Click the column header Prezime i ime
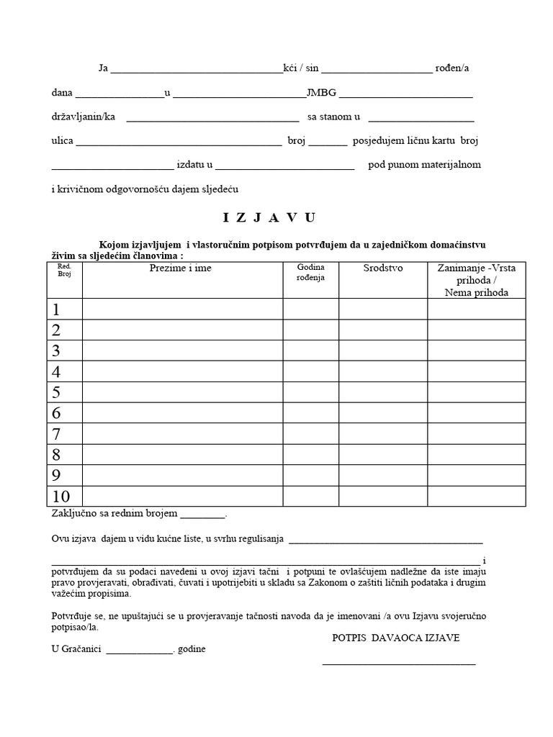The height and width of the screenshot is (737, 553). (181, 268)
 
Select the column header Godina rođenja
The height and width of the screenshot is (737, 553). (310, 272)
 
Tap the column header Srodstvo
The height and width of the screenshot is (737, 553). (383, 268)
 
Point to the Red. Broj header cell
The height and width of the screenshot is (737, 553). (65, 270)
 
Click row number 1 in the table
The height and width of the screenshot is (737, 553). (55, 309)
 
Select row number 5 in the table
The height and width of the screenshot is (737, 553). (55, 392)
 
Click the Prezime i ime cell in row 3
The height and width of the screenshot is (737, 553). (182, 351)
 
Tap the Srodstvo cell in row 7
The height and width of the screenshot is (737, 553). (383, 434)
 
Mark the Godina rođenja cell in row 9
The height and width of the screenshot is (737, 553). (310, 475)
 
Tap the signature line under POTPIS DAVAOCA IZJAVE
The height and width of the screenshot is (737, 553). (398, 662)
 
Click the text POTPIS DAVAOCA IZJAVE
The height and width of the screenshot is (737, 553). (395, 638)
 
